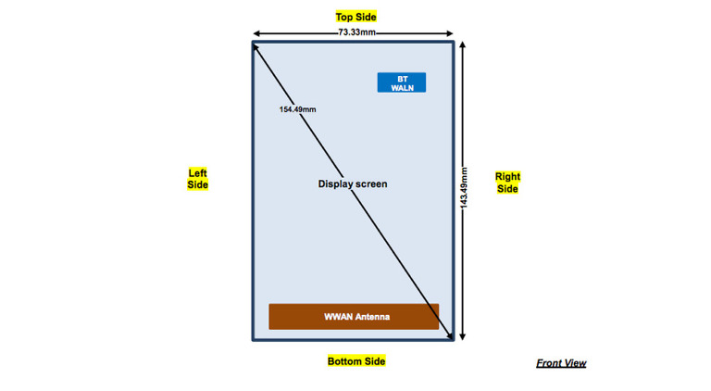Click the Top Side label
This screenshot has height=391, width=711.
point(355,17)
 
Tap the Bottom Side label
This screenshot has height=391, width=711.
point(355,360)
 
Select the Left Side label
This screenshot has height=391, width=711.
point(197,179)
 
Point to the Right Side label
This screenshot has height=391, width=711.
point(507,183)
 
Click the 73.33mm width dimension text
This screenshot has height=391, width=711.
point(356,32)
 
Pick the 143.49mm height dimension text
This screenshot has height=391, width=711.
point(464,189)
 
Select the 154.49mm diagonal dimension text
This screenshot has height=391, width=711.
point(297,109)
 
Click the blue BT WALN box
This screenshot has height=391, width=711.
point(401,82)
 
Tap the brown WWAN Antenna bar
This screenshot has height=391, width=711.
point(354,316)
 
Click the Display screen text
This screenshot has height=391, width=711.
point(353,183)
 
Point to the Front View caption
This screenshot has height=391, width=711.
point(561,363)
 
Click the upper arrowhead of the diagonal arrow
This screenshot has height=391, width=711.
point(256,46)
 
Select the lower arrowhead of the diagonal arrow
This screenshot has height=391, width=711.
point(450,337)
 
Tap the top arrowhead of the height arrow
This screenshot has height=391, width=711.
point(464,44)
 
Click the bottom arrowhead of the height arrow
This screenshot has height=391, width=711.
point(464,337)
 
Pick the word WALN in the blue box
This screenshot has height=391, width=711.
point(402,88)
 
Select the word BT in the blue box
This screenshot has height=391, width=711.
point(402,79)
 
